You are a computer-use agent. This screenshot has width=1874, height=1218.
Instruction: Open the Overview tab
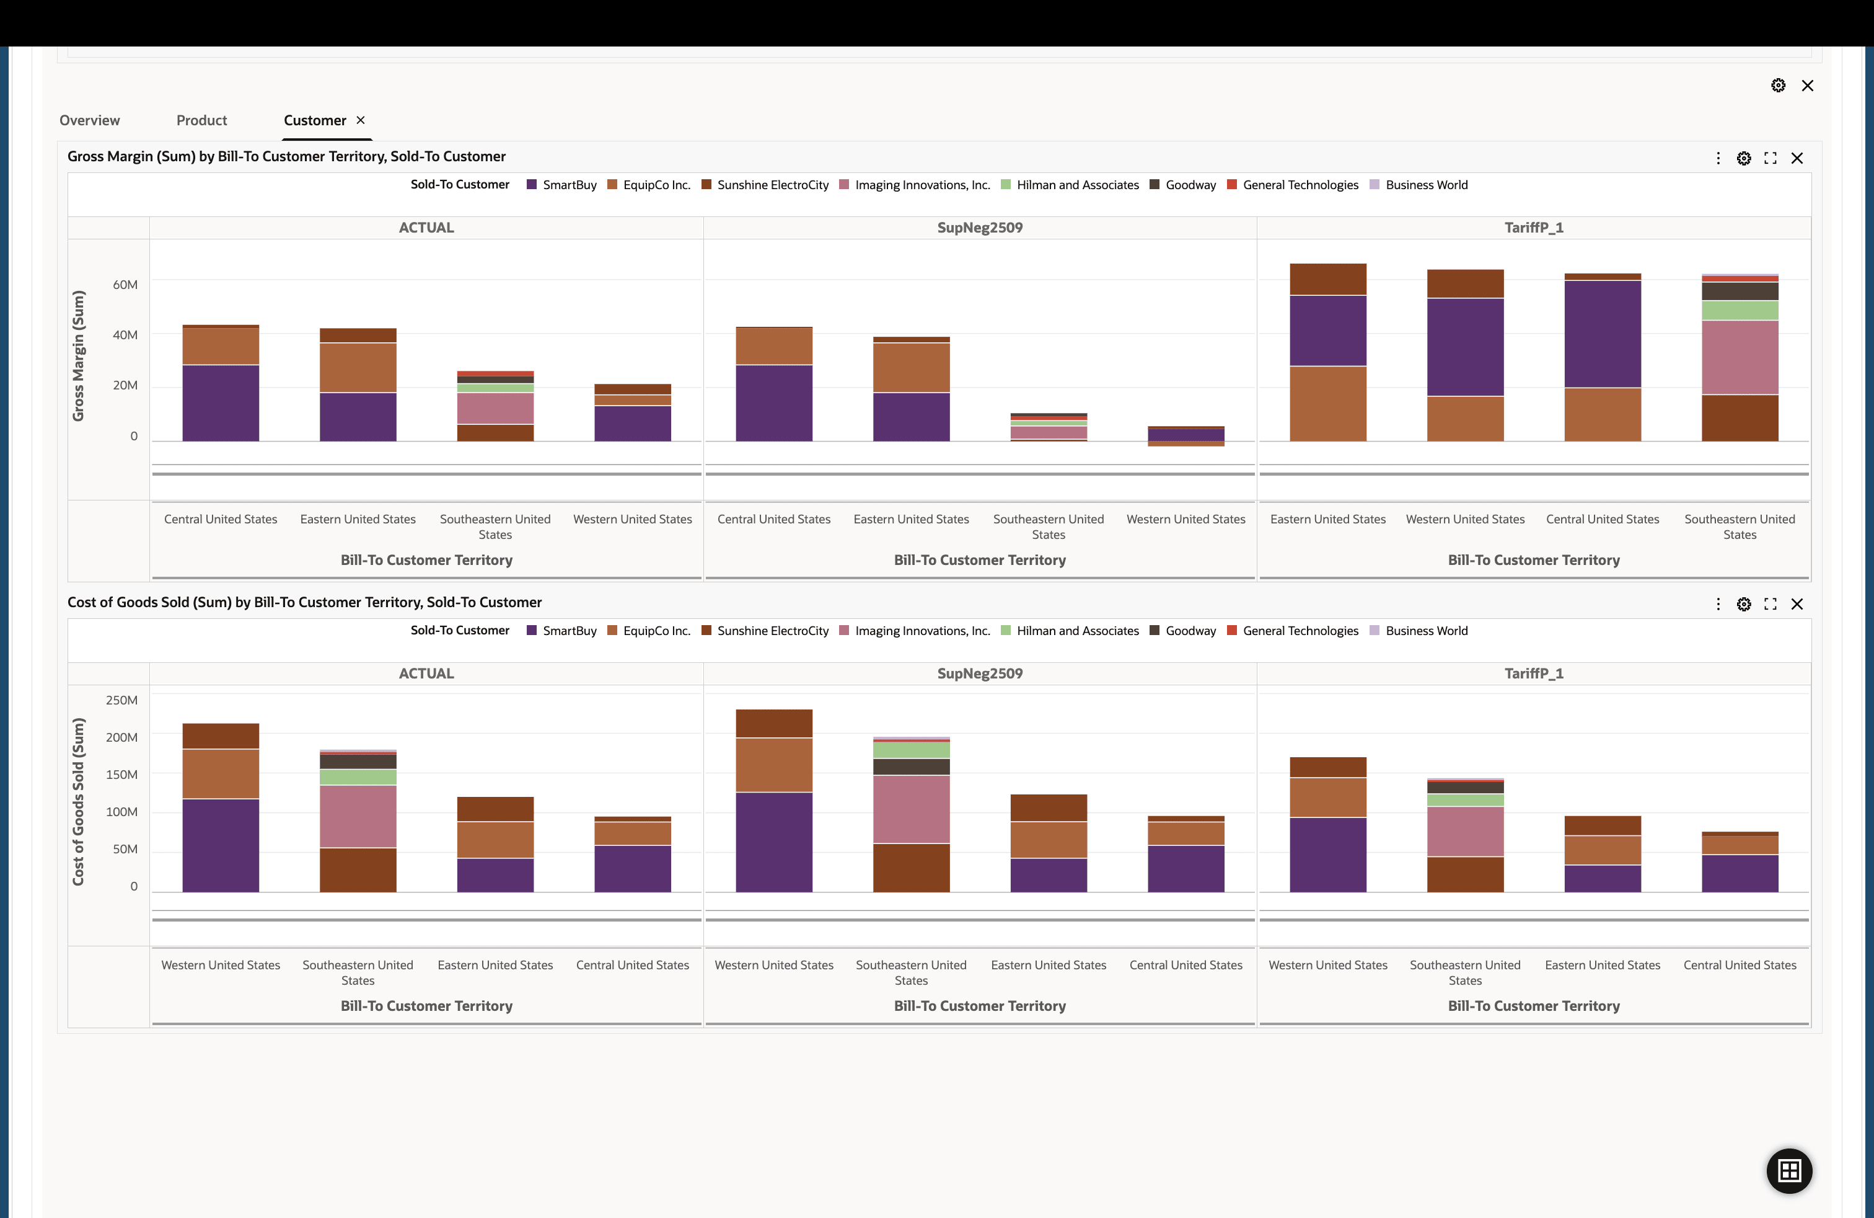[90, 120]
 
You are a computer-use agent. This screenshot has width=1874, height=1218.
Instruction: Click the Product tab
[201, 120]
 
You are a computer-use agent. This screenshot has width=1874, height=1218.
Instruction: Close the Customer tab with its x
[361, 120]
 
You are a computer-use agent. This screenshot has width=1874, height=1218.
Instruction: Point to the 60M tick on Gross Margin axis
[125, 285]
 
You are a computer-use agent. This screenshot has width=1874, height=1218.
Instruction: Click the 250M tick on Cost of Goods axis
[121, 700]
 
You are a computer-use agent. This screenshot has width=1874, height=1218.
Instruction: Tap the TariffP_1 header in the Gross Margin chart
[1533, 228]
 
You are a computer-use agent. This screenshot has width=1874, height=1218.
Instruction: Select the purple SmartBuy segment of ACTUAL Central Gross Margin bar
[221, 402]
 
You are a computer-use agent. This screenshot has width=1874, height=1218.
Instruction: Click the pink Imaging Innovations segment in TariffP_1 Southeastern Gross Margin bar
[1740, 357]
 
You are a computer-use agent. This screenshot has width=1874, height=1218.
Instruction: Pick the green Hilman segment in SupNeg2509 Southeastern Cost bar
[911, 749]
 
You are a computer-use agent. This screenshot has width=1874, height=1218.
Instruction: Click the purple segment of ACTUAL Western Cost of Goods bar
[221, 845]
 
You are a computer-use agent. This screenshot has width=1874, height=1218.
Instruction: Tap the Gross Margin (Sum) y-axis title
[78, 356]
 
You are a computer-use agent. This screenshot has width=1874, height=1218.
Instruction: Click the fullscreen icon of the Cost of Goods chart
[1770, 604]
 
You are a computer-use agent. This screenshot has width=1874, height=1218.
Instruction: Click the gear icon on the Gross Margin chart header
[1744, 158]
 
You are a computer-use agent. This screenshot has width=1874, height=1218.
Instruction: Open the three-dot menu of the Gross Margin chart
[1718, 158]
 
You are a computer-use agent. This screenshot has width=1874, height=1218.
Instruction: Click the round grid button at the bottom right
[1789, 1171]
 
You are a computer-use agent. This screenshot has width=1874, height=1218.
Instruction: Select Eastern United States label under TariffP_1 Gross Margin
[1327, 519]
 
